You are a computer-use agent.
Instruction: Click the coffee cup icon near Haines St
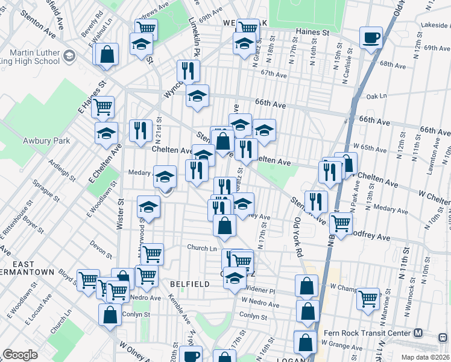pos(371,37)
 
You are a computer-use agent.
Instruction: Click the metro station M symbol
pos(418,333)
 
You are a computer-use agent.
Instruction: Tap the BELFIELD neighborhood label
pos(189,284)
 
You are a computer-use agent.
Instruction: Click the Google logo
pos(20,355)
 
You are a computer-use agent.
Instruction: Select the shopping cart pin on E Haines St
pos(103,107)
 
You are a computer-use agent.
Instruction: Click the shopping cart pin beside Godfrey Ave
pos(341,223)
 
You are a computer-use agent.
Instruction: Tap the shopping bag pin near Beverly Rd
pos(107,54)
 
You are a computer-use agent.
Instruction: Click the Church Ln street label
pos(201,248)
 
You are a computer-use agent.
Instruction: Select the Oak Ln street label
pos(376,96)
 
